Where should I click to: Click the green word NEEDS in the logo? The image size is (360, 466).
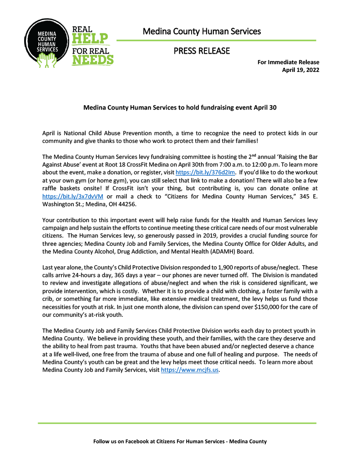pos(93,60)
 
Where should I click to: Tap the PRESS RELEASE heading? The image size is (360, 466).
pos(202,51)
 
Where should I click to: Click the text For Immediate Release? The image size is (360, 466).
pos(288,62)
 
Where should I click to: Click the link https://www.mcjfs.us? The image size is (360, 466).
pos(190,370)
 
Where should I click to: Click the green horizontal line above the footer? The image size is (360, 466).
pos(177,423)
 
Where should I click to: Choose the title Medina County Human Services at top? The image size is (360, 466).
pos(202,31)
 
